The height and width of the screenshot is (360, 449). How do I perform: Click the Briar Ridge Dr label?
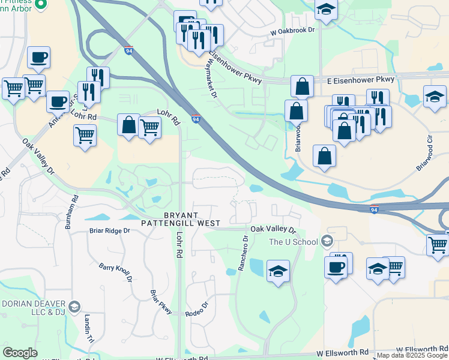(x=109, y=230)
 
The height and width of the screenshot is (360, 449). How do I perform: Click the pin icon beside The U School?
(x=327, y=242)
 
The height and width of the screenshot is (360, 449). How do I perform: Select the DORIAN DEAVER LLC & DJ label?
(x=34, y=308)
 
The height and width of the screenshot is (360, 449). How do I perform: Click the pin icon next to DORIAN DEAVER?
(x=74, y=307)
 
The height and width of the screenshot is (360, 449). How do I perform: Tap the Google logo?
(x=20, y=352)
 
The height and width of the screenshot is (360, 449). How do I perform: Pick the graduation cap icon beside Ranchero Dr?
(x=278, y=272)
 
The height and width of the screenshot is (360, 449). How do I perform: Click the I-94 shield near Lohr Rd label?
(x=196, y=119)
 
